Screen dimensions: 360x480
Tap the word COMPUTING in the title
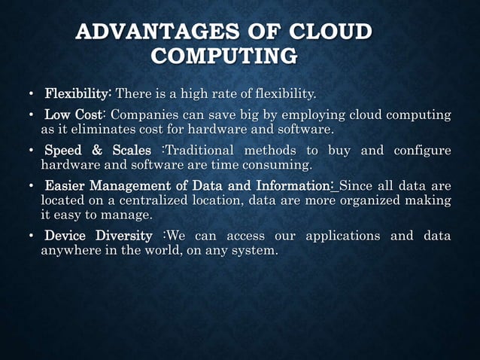point(224,56)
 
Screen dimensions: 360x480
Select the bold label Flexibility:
point(78,94)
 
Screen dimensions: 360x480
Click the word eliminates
point(97,129)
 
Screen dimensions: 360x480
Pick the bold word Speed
point(66,151)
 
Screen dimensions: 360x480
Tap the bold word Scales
point(135,151)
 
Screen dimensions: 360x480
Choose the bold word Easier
point(66,186)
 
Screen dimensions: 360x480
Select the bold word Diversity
point(123,236)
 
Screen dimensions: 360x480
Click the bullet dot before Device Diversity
point(30,236)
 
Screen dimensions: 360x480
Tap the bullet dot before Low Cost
point(30,116)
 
